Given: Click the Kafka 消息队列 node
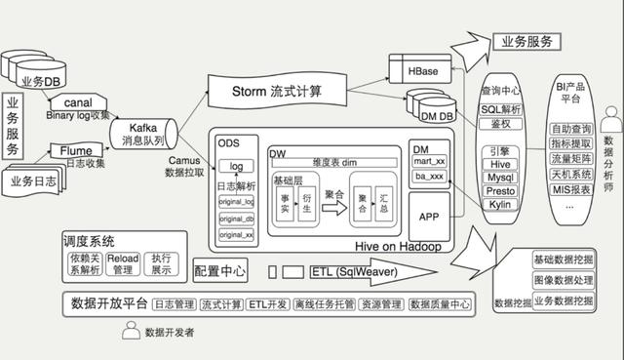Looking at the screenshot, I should [x=142, y=133].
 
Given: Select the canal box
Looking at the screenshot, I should [x=77, y=101].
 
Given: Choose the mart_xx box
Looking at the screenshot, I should [x=429, y=161].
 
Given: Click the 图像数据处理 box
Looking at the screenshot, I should [x=563, y=279].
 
